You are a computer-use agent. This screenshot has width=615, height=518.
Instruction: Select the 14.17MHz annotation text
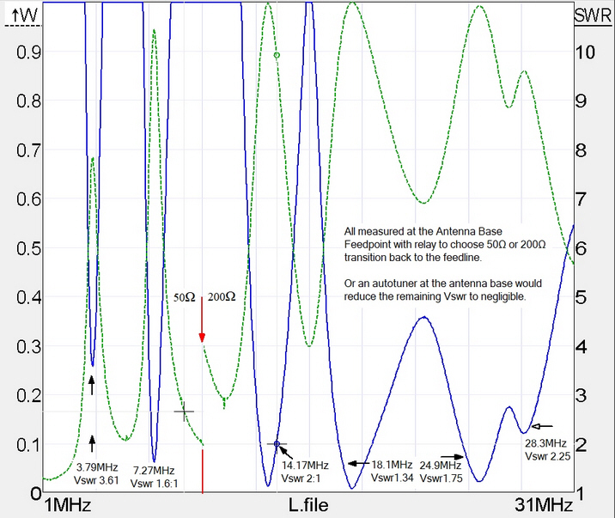(305, 465)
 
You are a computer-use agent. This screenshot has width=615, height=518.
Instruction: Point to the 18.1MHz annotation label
(391, 465)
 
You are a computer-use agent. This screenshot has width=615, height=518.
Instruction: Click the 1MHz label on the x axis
(67, 503)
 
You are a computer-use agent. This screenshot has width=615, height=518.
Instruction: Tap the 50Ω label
(185, 296)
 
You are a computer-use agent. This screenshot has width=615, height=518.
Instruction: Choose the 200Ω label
(222, 296)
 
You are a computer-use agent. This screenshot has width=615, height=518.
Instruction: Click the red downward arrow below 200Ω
(202, 325)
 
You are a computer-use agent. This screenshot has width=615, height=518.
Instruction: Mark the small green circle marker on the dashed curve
(277, 55)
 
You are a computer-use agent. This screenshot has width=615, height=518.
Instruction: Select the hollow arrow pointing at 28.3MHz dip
(542, 425)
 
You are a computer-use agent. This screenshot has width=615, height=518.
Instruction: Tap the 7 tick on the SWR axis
(592, 199)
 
